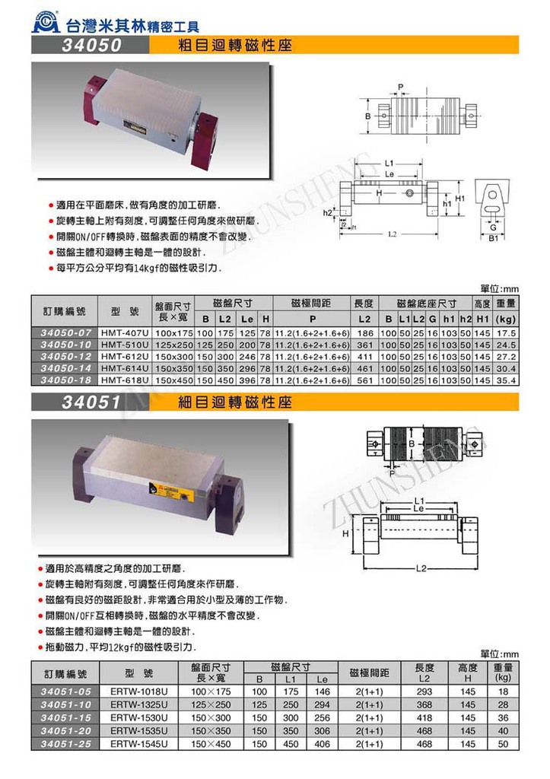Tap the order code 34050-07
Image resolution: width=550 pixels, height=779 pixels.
tap(65, 333)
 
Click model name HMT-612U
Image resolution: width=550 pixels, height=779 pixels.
tap(124, 356)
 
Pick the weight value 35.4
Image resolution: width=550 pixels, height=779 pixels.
tap(505, 379)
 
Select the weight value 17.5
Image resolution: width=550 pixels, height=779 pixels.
tap(505, 333)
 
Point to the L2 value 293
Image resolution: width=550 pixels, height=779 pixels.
tap(424, 692)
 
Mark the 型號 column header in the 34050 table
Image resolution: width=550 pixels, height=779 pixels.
tap(124, 312)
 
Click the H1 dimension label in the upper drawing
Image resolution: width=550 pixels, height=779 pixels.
tap(460, 198)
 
